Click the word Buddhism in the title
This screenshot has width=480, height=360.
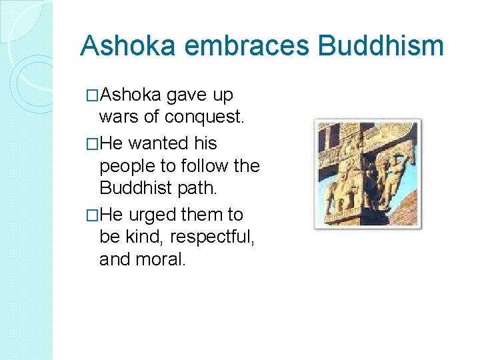(381, 46)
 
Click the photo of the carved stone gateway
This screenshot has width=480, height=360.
(368, 173)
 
